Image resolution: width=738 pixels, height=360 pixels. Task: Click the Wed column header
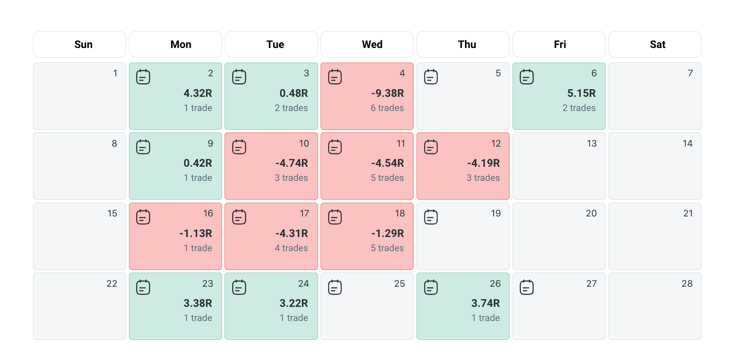click(372, 45)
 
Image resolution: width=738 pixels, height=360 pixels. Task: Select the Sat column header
click(657, 45)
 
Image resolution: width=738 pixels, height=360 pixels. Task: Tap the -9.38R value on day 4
click(387, 93)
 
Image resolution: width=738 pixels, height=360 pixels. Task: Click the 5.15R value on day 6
click(581, 93)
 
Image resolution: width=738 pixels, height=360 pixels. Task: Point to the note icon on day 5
click(431, 77)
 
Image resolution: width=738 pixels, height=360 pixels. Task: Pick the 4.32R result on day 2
click(198, 93)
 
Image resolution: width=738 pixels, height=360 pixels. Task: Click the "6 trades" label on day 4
click(387, 108)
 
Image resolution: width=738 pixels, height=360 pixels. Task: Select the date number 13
click(591, 144)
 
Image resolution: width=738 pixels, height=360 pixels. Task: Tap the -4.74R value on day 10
click(291, 163)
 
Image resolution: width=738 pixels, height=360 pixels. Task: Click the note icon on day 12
click(431, 147)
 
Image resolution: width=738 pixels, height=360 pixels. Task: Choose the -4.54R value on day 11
click(387, 163)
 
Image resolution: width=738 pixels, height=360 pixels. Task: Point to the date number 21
click(688, 213)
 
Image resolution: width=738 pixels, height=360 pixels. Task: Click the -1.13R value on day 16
click(195, 234)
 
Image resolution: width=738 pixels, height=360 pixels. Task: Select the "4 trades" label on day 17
click(291, 248)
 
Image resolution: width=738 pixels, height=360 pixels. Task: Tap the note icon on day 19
click(431, 217)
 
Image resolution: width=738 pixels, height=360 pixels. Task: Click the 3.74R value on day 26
click(485, 303)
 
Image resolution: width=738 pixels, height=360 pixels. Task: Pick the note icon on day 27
click(527, 287)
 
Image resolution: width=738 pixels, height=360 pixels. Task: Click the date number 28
click(687, 284)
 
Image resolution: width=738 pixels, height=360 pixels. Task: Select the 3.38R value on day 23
click(198, 303)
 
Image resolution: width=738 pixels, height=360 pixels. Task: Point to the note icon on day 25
click(335, 287)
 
